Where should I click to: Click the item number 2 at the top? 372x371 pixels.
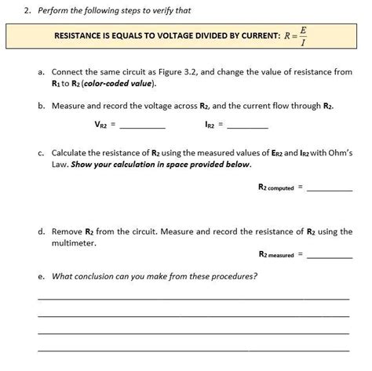pos(27,10)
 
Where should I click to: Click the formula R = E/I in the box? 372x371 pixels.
pos(295,36)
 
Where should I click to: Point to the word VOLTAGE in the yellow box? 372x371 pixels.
pos(188,37)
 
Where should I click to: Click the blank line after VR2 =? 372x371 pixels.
pos(142,126)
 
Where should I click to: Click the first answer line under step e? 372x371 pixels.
pos(193,298)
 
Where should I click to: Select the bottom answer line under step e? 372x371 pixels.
pos(193,350)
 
